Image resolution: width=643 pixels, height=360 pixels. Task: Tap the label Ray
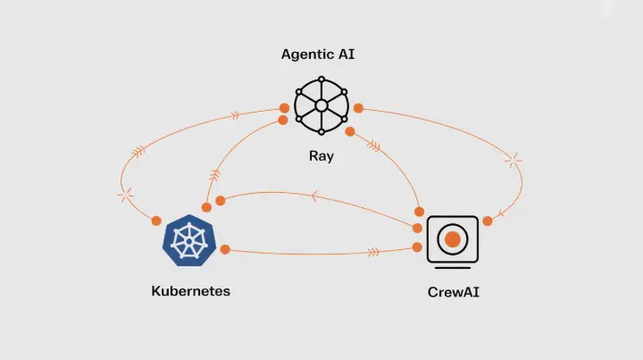[x=321, y=155]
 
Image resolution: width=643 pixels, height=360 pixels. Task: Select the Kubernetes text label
[x=191, y=291]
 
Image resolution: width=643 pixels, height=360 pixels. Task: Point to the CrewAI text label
[x=454, y=291]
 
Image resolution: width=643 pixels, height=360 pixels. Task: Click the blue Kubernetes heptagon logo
[x=188, y=240]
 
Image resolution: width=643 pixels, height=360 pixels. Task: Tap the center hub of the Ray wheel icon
[x=321, y=105]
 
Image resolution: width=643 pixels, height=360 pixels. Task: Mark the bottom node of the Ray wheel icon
[x=321, y=130]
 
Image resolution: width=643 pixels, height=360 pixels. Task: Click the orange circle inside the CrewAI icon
[x=453, y=239]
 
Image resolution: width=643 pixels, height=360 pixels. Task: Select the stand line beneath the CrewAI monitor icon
[x=453, y=267]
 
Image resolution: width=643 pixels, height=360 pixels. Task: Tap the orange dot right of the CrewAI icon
[x=488, y=221]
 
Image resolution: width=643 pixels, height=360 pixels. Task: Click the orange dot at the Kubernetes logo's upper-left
[x=156, y=220]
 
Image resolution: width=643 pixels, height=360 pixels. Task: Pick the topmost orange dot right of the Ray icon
[x=358, y=108]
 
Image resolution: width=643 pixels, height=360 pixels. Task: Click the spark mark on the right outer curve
[x=515, y=162]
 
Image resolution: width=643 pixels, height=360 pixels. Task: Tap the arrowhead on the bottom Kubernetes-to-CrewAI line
[x=374, y=253]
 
